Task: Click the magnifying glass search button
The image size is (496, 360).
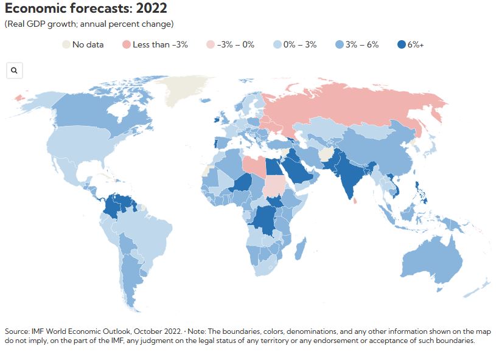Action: click(14, 71)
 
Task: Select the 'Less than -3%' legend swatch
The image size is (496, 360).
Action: click(126, 44)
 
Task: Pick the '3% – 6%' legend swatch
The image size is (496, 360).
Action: click(339, 44)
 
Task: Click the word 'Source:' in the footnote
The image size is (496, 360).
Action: click(16, 331)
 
